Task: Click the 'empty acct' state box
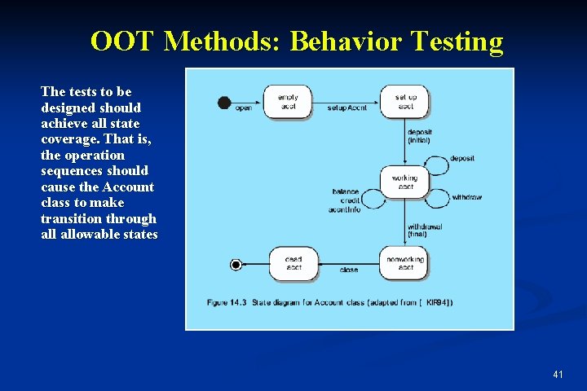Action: [x=287, y=102]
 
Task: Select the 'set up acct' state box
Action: [x=405, y=102]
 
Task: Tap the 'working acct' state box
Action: [x=404, y=182]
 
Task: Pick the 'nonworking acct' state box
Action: [x=405, y=262]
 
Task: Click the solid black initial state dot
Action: [x=224, y=102]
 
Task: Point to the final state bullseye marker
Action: [x=236, y=264]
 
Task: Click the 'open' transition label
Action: [x=243, y=108]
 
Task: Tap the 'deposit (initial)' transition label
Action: [x=420, y=136]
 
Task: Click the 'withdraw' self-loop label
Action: [x=466, y=197]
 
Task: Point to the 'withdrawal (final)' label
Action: [x=424, y=231]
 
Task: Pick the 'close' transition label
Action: [x=348, y=270]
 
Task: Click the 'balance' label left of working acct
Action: [x=346, y=192]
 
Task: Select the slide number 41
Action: [x=558, y=374]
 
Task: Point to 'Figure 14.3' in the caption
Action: [x=227, y=302]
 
